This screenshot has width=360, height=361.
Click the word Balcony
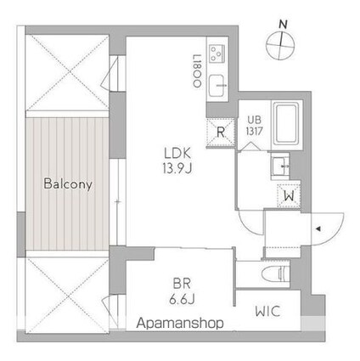pos(69,183)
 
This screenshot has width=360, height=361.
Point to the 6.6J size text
pos(180,301)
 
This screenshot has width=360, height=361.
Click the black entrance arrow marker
pos(318,228)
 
